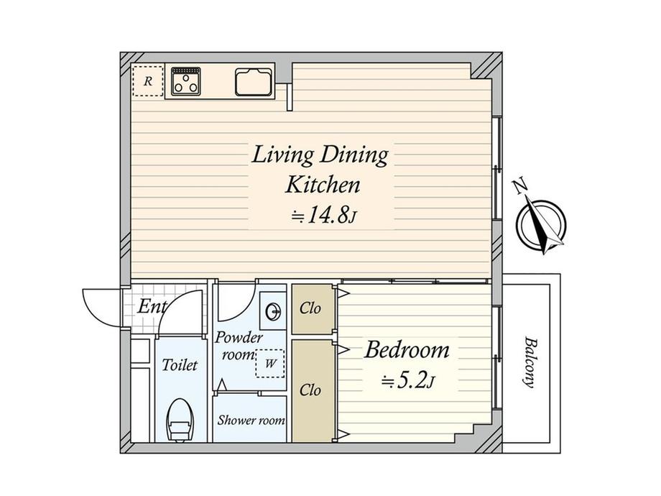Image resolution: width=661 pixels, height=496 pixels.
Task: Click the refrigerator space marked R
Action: click(x=147, y=81)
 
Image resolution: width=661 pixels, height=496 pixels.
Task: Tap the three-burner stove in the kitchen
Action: click(x=186, y=81)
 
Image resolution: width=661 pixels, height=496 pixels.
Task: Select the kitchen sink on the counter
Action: click(x=254, y=82)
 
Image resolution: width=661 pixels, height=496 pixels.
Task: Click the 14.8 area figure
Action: click(x=325, y=216)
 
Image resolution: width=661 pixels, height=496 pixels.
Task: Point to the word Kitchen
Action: click(x=323, y=185)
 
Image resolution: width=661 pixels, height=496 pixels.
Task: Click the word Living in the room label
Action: click(x=282, y=155)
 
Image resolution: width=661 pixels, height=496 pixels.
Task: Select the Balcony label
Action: click(x=530, y=362)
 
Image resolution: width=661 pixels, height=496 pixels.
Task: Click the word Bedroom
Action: click(x=407, y=350)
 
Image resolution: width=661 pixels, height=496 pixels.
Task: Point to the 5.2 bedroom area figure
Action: click(x=407, y=381)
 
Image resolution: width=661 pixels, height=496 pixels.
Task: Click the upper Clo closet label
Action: click(x=310, y=308)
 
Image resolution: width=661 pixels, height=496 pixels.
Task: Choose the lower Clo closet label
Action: click(x=310, y=390)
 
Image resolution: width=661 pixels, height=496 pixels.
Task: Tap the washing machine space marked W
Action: click(x=270, y=363)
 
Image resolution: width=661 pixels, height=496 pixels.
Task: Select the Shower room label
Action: click(x=251, y=420)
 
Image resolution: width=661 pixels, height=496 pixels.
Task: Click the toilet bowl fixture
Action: click(x=180, y=420)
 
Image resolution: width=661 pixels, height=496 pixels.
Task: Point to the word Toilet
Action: click(x=180, y=365)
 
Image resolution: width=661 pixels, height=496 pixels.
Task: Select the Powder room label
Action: click(x=239, y=346)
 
